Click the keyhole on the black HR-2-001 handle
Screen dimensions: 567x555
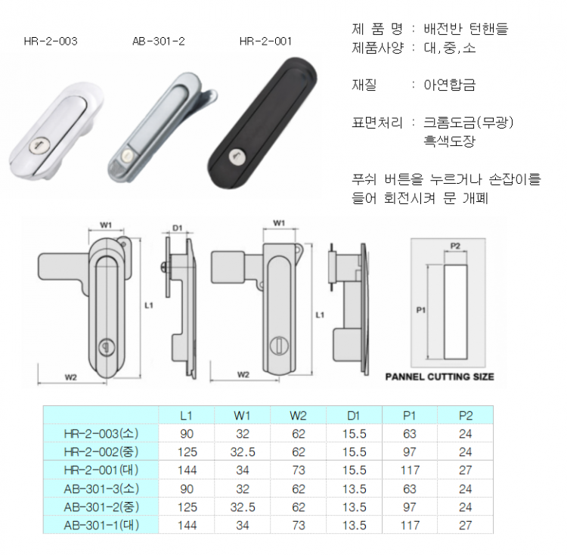click(237, 157)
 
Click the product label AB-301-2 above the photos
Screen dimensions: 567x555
click(159, 42)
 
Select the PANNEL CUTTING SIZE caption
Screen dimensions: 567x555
click(439, 377)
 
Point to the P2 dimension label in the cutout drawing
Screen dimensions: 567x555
click(455, 246)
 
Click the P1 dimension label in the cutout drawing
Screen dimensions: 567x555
click(421, 310)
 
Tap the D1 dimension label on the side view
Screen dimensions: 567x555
click(177, 228)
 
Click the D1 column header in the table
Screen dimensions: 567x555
click(354, 415)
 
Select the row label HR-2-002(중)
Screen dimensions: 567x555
click(101, 452)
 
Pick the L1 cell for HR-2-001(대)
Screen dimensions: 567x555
click(187, 470)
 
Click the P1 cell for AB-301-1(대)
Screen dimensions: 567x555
click(410, 525)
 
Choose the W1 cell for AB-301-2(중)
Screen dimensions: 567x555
click(243, 507)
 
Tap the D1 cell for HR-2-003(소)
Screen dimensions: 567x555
click(355, 433)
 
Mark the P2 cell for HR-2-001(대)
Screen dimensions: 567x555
click(466, 470)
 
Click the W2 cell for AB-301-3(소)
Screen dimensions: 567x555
click(299, 488)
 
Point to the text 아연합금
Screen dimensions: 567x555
click(450, 85)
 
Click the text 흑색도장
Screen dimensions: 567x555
click(450, 141)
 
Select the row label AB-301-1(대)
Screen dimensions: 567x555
click(101, 525)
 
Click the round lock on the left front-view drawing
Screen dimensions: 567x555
click(107, 348)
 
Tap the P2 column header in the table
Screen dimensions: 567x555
click(466, 415)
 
